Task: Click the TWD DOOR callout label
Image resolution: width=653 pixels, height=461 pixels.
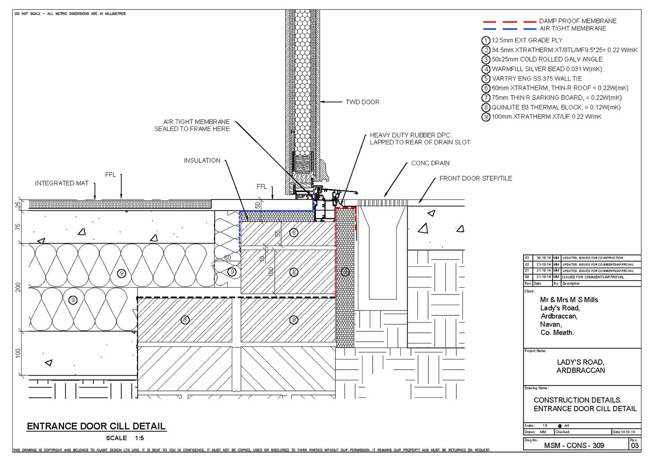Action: [x=362, y=102]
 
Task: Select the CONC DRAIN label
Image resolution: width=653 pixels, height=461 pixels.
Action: [x=430, y=163]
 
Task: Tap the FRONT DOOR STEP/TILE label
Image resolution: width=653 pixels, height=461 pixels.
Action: [x=475, y=178]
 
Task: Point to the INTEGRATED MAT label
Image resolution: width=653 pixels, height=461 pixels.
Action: [x=62, y=183]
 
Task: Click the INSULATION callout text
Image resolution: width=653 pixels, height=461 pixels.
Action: [x=202, y=161]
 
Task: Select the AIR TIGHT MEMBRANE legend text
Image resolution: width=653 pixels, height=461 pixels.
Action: [x=573, y=29]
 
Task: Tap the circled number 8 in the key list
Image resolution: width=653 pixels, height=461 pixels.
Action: [x=486, y=107]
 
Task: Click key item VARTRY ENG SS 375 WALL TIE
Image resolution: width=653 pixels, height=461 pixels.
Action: [x=537, y=79]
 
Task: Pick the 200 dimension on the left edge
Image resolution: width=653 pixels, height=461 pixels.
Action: [x=18, y=287]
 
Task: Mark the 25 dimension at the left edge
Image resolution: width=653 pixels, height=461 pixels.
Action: [x=18, y=205]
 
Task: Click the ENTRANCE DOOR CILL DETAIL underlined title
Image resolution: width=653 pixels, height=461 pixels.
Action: [x=96, y=426]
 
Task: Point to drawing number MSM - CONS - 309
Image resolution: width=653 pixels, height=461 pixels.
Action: [x=574, y=445]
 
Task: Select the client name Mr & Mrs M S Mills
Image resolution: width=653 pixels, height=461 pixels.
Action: [x=569, y=300]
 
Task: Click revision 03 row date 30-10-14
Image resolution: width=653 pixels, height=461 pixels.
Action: [x=543, y=258]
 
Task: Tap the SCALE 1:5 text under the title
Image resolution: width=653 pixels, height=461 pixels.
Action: [x=125, y=438]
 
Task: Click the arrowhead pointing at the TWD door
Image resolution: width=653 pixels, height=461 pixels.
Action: [x=322, y=102]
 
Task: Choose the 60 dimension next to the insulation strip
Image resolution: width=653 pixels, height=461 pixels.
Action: [x=227, y=258]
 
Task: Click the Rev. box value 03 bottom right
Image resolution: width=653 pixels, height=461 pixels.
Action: [x=635, y=445]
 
